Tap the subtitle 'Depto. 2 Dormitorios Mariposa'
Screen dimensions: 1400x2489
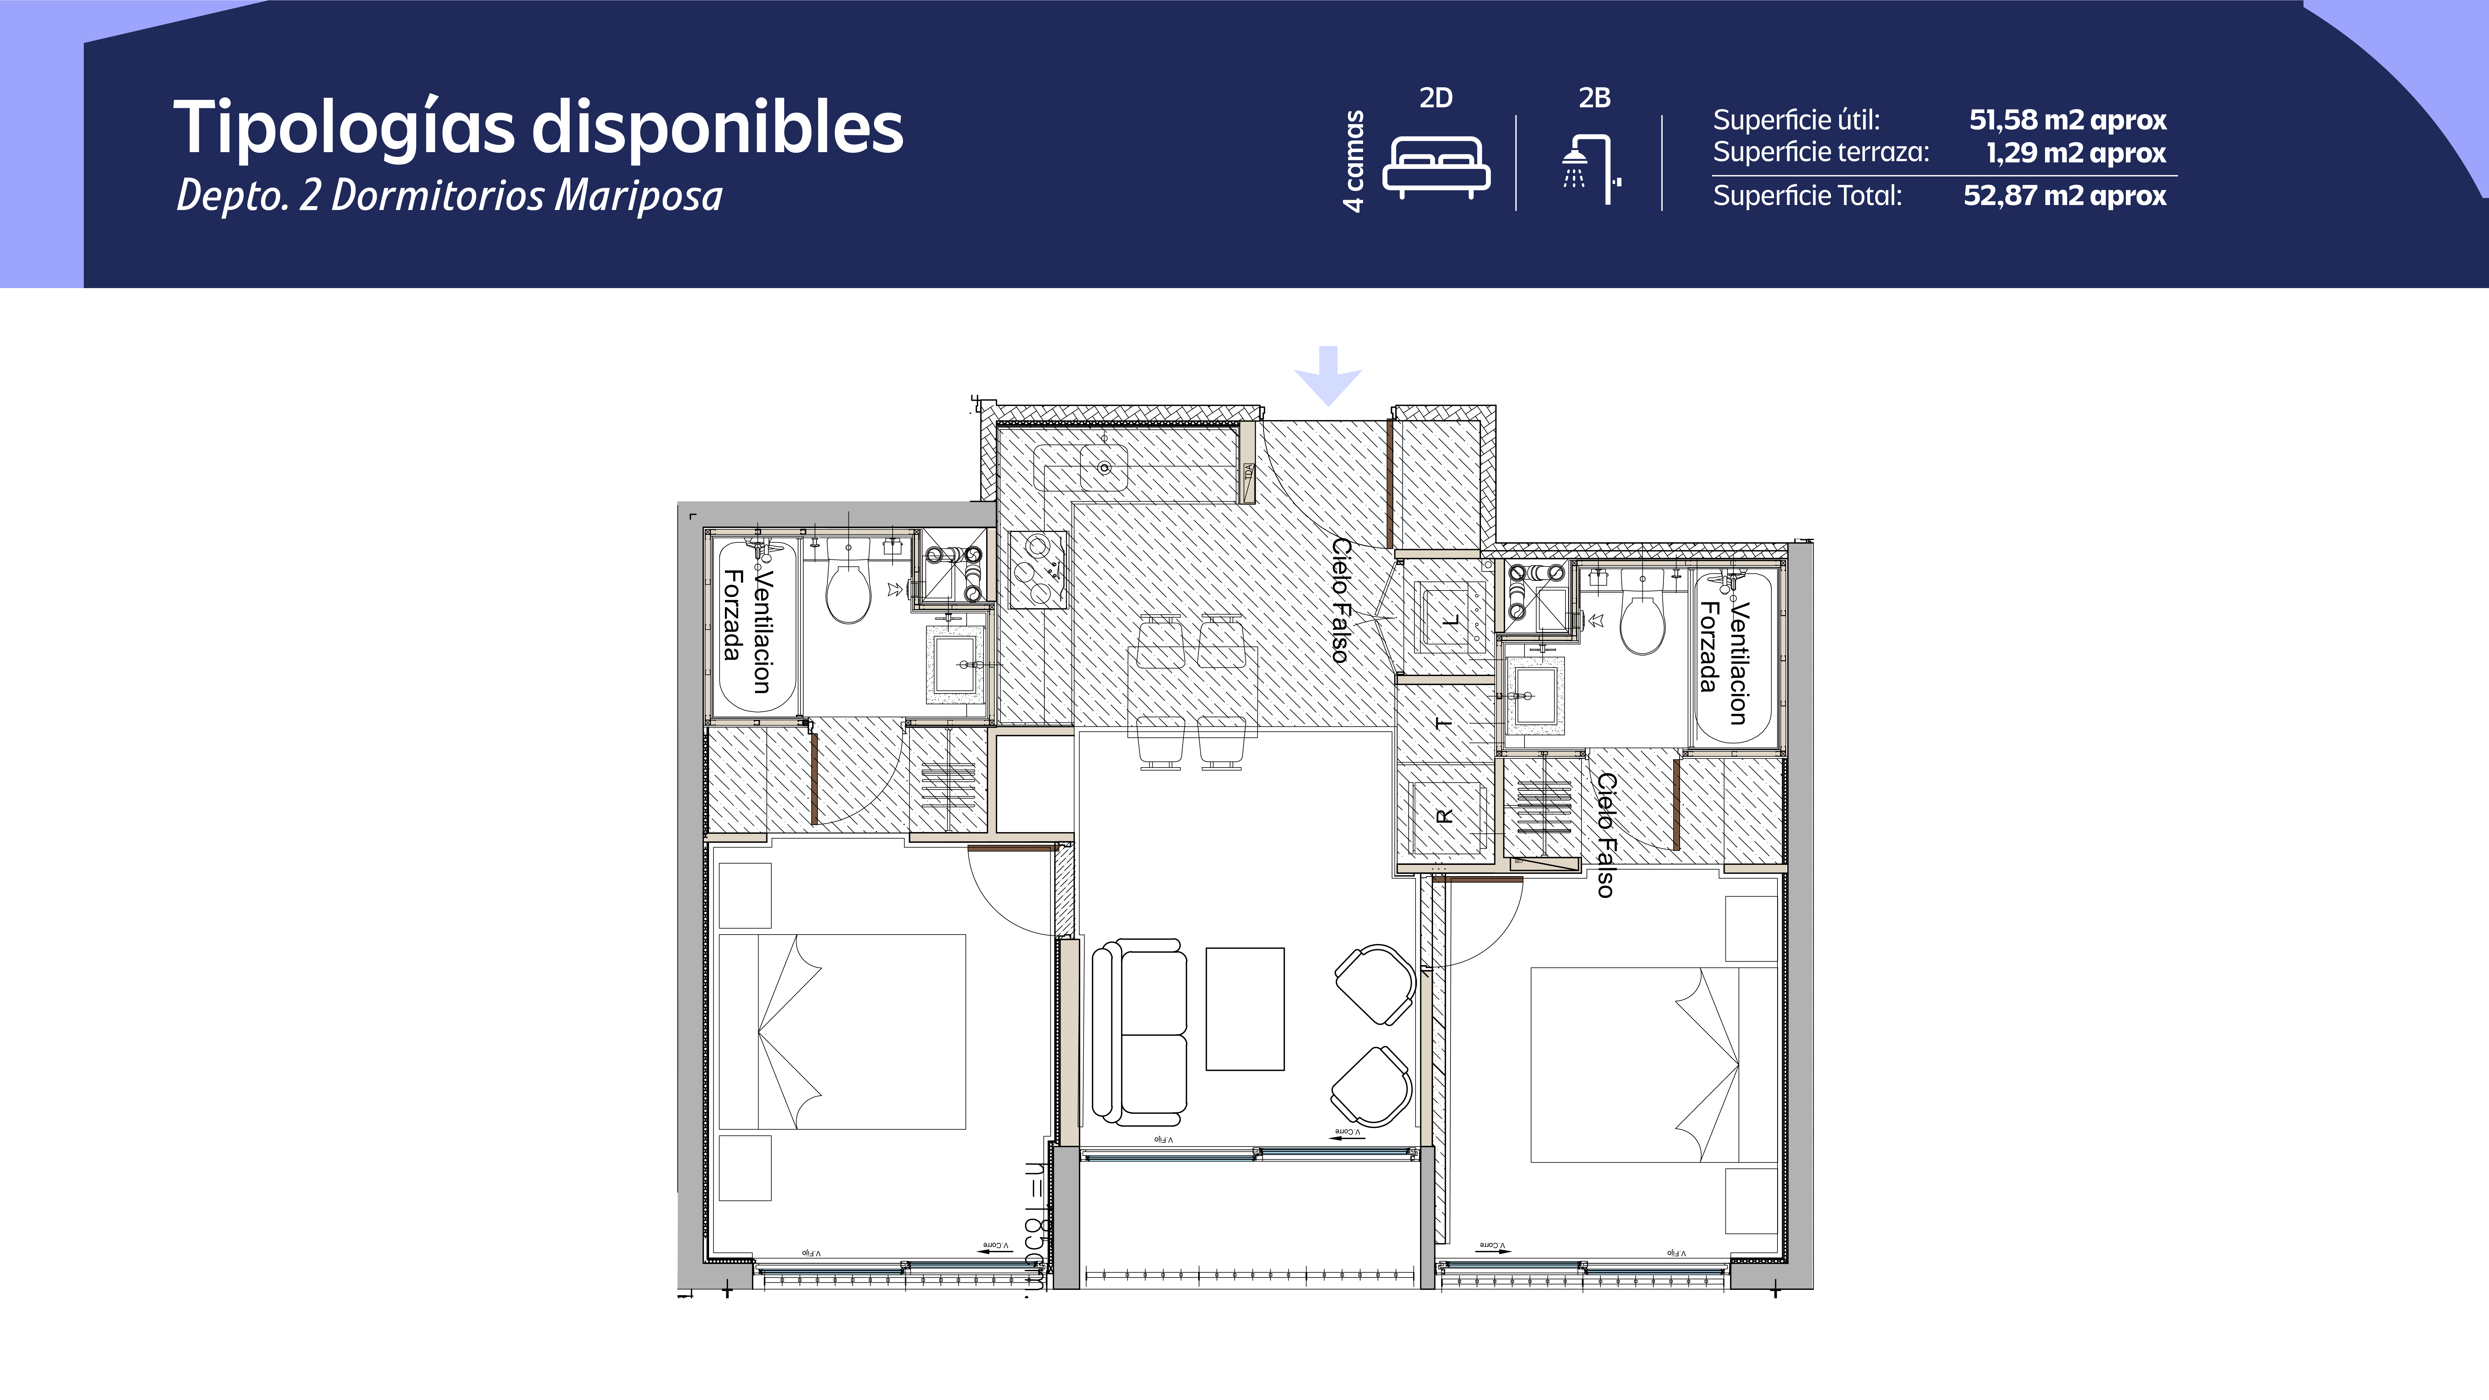click(449, 196)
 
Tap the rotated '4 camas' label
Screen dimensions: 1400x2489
click(1355, 161)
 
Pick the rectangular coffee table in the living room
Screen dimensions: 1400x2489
click(1244, 1009)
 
